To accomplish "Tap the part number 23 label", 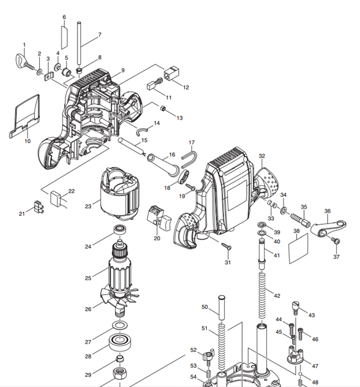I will pos(88,206).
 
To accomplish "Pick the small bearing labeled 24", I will pos(120,231).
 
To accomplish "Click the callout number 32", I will pos(262,155).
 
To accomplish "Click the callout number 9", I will pos(123,70).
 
